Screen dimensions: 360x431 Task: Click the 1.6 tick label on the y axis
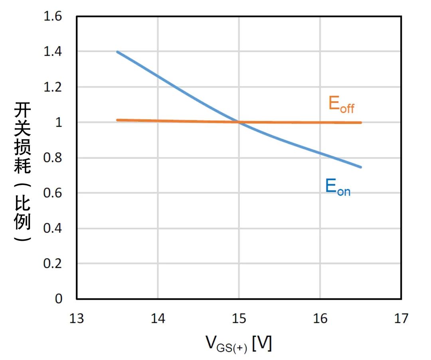click(x=53, y=17)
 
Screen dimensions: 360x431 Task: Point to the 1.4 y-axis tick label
click(x=53, y=52)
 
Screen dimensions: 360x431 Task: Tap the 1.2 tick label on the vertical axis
click(x=53, y=87)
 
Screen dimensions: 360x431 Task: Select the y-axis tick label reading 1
click(x=59, y=122)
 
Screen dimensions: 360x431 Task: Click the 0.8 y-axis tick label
click(x=53, y=157)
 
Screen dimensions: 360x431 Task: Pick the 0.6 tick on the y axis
click(x=53, y=193)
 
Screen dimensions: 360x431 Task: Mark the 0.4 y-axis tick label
click(x=53, y=228)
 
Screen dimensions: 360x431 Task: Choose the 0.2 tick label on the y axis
click(x=53, y=264)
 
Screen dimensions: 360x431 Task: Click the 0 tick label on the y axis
click(x=59, y=299)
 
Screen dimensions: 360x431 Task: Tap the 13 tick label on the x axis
click(x=77, y=318)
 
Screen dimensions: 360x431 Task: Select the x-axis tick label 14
click(x=158, y=318)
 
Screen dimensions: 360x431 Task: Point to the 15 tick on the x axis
click(x=239, y=318)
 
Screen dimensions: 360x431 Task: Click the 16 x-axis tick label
click(x=320, y=318)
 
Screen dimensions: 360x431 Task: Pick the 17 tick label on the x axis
click(x=401, y=318)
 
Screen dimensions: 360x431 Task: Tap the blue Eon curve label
click(x=338, y=187)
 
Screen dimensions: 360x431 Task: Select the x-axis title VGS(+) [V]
click(x=238, y=343)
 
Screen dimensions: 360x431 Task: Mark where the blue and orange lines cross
click(x=239, y=122)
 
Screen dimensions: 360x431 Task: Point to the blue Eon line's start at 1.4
click(x=117, y=52)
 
